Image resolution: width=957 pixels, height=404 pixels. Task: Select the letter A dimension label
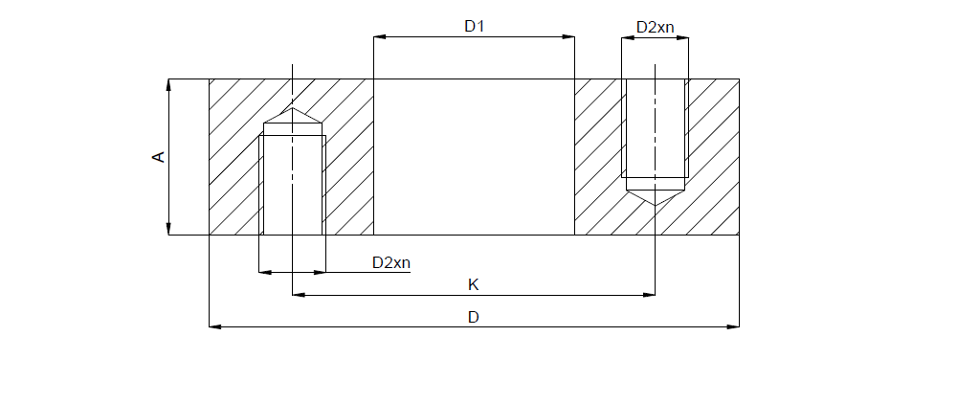tap(159, 156)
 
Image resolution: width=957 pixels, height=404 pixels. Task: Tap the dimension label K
tap(473, 284)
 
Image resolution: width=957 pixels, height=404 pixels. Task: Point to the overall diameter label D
tap(473, 317)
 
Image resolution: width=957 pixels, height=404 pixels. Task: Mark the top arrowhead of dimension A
tap(169, 84)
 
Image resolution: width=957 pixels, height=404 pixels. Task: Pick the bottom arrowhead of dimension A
tap(169, 229)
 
